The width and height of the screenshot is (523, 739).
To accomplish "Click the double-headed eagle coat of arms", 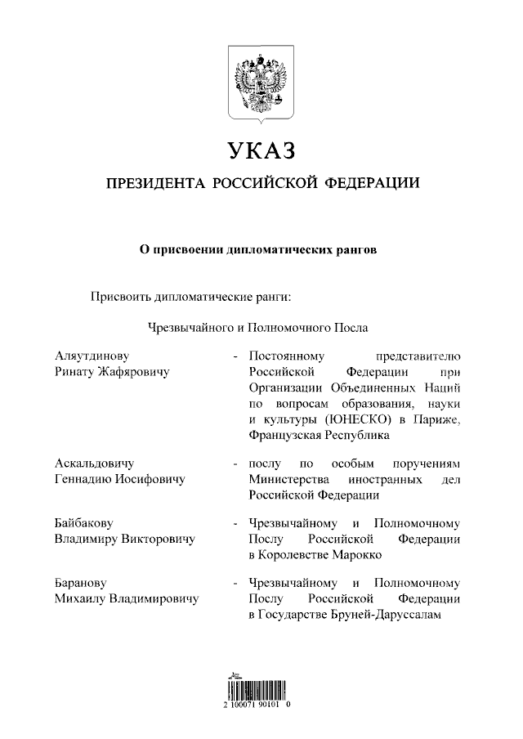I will pos(261,83).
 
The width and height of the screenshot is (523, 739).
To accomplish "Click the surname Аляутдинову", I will pos(92,356).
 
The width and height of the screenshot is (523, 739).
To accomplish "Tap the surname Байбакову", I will pos(83,522).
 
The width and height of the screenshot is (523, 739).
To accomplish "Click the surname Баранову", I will pos(81,583).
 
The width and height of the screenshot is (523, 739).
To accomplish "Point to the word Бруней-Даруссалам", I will pos(391,614).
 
